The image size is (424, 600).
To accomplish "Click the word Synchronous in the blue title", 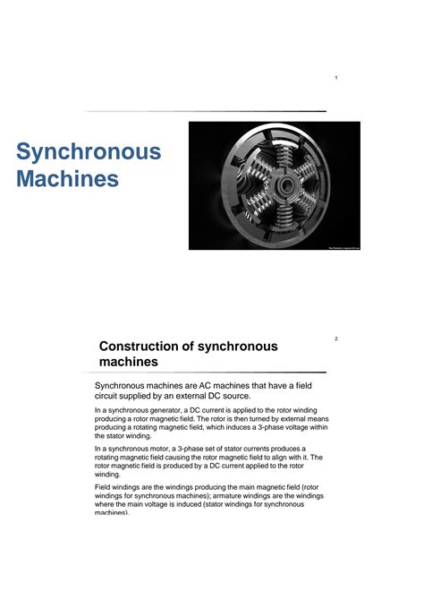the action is pos(89,151).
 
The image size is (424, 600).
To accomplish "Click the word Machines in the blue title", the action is pos(67,179).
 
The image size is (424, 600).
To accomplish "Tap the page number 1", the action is pos(335,79).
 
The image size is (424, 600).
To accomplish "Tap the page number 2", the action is pos(335,339).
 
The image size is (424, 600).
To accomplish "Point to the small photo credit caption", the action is pos(340,245).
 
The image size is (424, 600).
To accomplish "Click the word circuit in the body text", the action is pos(110,396).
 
